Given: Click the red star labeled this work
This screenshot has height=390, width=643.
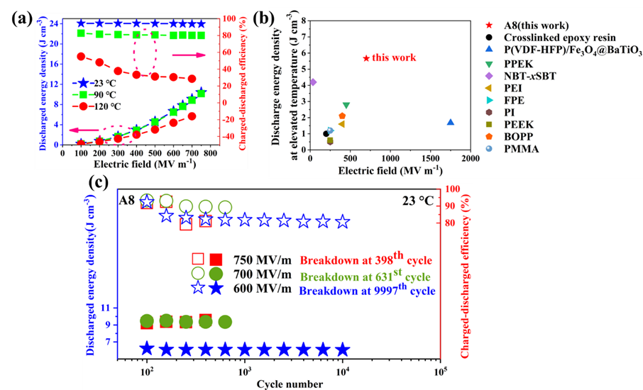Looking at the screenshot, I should [366, 57].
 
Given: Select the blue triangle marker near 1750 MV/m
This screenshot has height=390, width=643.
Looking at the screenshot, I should [450, 123].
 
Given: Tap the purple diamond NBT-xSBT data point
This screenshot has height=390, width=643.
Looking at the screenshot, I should [313, 82].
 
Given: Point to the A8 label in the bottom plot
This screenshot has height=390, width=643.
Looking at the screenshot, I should [128, 201].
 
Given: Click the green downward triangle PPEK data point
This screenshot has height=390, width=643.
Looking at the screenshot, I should [346, 106].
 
